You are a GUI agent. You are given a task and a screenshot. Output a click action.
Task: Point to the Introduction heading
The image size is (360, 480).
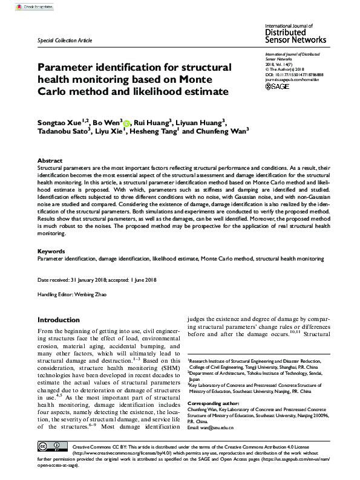coord(58,319)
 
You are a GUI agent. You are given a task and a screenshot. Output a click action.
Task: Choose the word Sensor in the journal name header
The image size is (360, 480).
coord(282,41)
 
